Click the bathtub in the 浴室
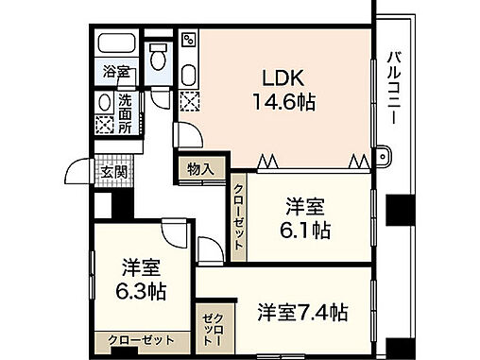116,46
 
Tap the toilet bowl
159,58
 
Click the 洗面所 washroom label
125,113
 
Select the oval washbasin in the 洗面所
103,104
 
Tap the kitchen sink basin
188,74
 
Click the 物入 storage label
199,169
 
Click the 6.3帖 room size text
143,290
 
